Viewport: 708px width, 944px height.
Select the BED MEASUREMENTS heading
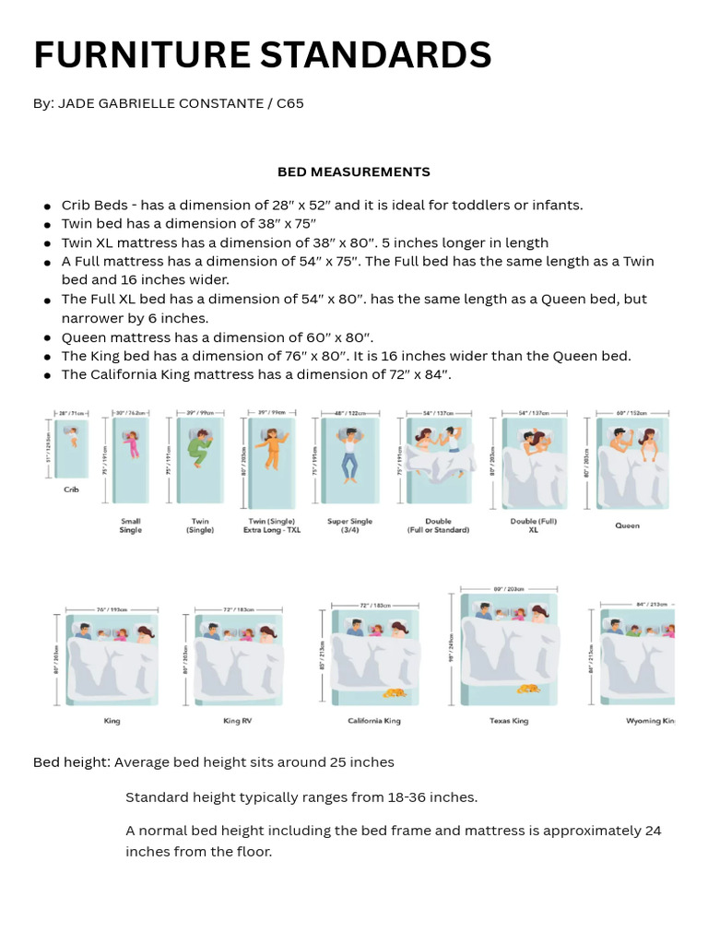354,171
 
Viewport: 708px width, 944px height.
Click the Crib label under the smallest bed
71,490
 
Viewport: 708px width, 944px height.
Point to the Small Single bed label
131,525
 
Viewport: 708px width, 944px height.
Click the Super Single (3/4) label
350,525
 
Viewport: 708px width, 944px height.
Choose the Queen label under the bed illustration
628,525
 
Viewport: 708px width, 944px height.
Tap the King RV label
237,721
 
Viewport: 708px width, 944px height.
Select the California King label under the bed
374,721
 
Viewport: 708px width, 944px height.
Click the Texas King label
509,721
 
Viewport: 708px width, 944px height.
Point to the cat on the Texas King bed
528,688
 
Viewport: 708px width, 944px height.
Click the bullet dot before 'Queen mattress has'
46,338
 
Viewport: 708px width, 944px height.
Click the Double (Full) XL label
533,525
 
